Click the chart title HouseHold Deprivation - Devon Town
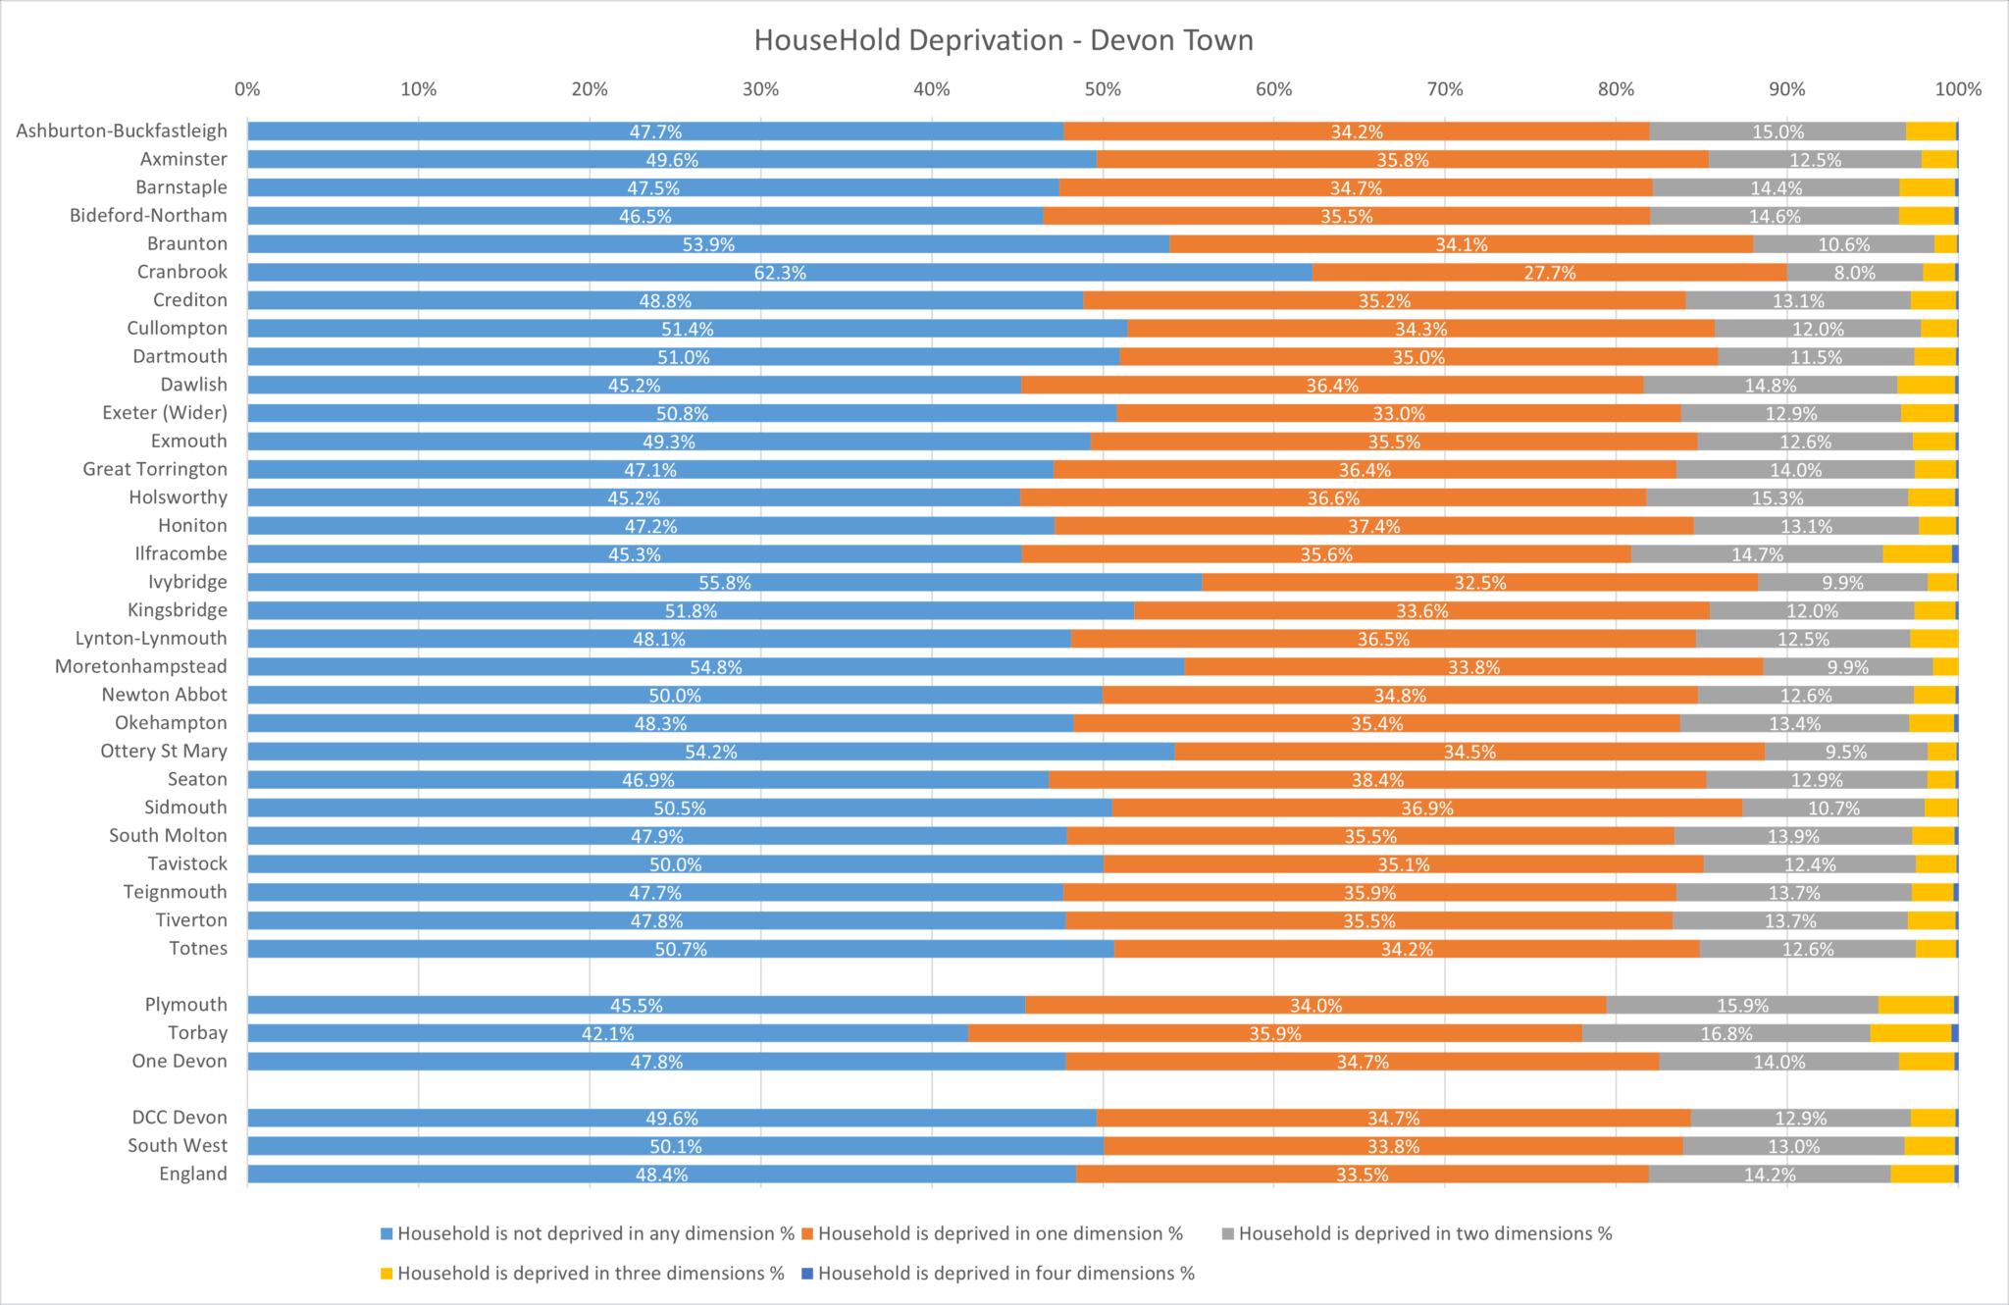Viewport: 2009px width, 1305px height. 1004,40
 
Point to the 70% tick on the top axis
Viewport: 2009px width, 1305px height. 1444,89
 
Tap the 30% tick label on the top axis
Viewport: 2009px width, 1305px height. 760,89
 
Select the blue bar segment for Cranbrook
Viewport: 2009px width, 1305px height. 589,273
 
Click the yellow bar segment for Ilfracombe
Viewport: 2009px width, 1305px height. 1917,554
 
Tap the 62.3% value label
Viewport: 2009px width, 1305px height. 780,273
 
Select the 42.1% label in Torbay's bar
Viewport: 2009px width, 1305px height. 607,1034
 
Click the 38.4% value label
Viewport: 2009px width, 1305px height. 1377,781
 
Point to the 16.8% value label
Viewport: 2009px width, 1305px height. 1726,1034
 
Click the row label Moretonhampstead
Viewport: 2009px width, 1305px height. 140,666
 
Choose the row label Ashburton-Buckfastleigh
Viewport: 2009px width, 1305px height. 122,130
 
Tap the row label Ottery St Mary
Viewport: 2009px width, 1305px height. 164,752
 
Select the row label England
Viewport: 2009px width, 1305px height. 192,1174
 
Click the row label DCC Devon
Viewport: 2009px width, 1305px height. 180,1118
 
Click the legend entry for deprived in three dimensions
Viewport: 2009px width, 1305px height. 590,1274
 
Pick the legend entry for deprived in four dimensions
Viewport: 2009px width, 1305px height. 1005,1274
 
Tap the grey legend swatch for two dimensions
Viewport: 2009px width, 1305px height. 1227,1234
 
